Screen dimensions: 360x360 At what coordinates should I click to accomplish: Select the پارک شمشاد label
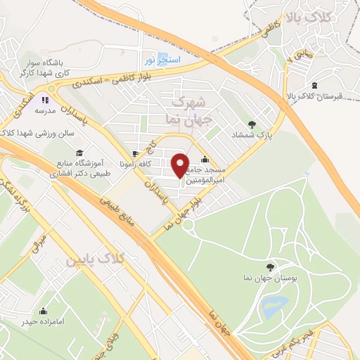(251, 134)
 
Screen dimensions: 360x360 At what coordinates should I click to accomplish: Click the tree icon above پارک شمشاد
(252, 124)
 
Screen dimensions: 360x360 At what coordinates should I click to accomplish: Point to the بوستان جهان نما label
(269, 278)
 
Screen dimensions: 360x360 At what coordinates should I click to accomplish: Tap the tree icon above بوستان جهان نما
(269, 266)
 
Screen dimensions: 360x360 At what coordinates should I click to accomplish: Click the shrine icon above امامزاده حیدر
(44, 311)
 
